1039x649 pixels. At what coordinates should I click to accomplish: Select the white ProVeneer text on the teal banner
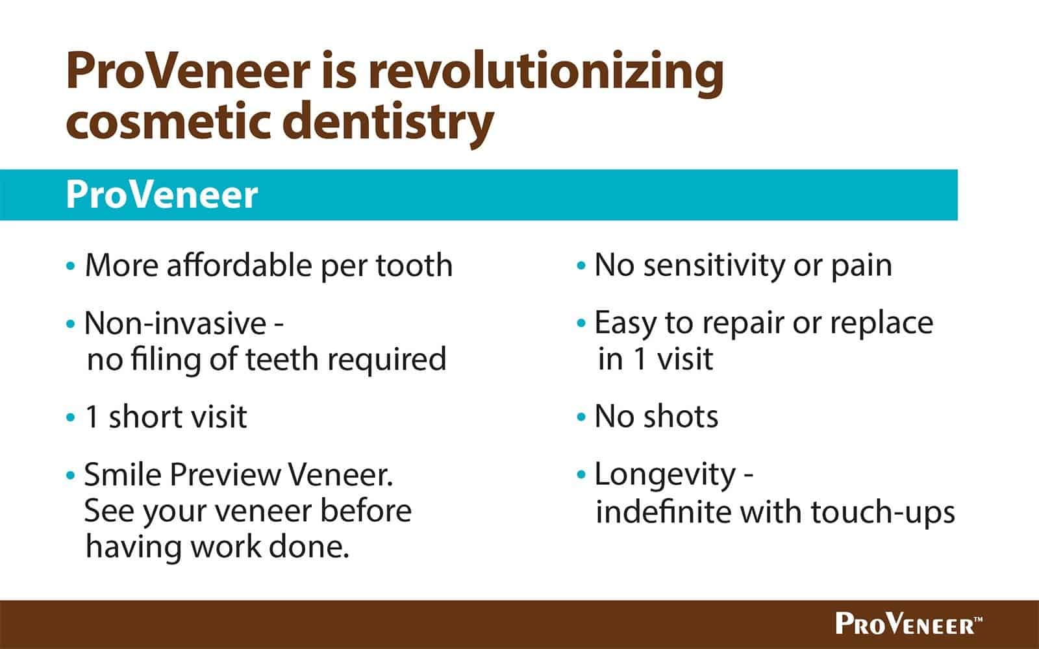click(x=162, y=195)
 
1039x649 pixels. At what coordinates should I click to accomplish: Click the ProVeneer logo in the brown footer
click(x=908, y=624)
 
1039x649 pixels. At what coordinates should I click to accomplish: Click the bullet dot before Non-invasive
click(x=71, y=323)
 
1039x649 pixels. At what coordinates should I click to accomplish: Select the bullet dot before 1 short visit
click(x=71, y=417)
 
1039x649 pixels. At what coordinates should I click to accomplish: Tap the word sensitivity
click(x=714, y=265)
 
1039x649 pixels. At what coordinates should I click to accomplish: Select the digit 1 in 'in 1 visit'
click(x=640, y=359)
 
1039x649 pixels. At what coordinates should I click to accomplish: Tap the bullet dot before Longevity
click(x=581, y=474)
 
